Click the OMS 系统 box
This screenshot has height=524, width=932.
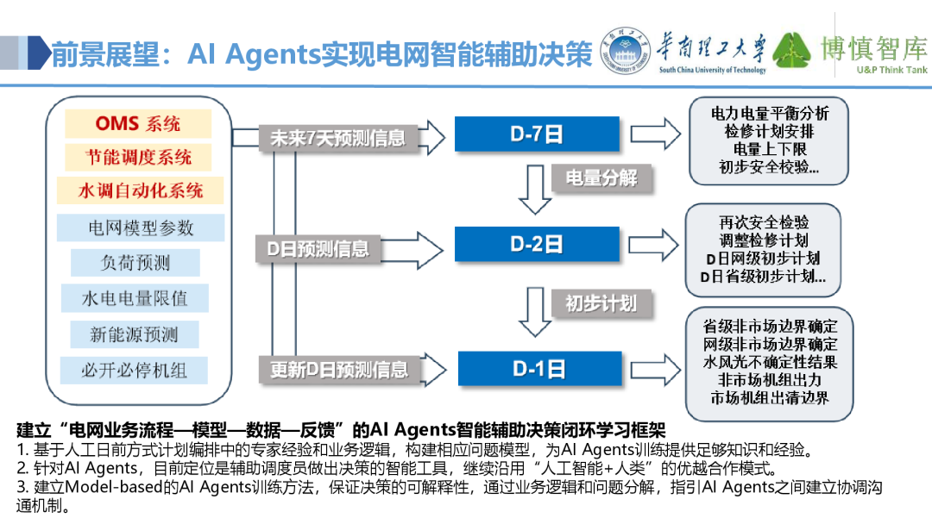pyautogui.click(x=137, y=124)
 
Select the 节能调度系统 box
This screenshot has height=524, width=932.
pyautogui.click(x=137, y=157)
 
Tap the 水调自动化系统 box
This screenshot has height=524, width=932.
pyautogui.click(x=140, y=190)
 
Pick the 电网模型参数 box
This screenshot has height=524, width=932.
pyautogui.click(x=141, y=228)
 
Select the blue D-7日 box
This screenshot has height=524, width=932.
pyautogui.click(x=538, y=134)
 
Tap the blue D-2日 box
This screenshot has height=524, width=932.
pyautogui.click(x=538, y=244)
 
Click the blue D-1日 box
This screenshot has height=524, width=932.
pyautogui.click(x=538, y=368)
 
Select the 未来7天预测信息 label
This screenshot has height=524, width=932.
pyautogui.click(x=337, y=138)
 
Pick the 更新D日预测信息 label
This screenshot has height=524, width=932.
pyautogui.click(x=338, y=370)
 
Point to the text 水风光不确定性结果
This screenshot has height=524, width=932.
pyautogui.click(x=770, y=362)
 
